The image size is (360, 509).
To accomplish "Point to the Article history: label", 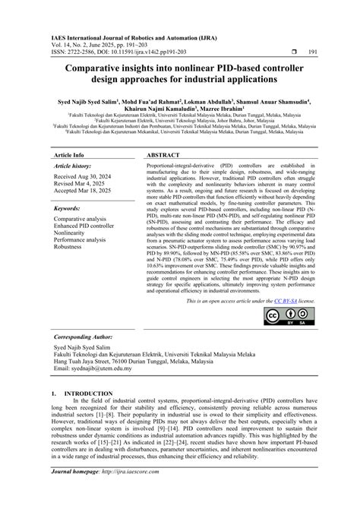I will (73, 166).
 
